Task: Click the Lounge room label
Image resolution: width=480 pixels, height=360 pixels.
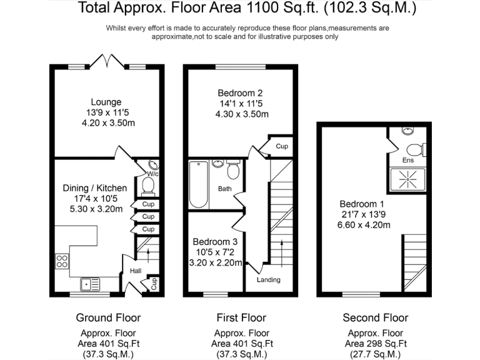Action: tap(106, 102)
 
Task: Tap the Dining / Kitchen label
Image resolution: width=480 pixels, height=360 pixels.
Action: tap(94, 188)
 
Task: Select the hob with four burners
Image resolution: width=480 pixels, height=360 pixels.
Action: tap(62, 261)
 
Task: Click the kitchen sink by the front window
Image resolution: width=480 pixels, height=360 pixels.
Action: tap(90, 284)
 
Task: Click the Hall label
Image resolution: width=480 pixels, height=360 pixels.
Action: tap(136, 271)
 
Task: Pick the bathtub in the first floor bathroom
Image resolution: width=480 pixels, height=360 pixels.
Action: tap(198, 184)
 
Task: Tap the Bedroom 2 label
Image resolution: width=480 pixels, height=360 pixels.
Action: tap(240, 93)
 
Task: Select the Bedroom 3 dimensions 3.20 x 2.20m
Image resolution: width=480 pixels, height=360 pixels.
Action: tap(216, 262)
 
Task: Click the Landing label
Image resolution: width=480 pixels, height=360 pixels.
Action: tap(269, 279)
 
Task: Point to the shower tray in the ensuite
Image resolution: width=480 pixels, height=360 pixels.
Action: tap(407, 179)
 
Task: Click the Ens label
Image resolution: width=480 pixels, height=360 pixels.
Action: tap(407, 160)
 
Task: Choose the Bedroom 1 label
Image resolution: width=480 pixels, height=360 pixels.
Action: tap(362, 204)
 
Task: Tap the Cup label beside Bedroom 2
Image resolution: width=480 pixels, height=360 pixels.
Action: tap(282, 146)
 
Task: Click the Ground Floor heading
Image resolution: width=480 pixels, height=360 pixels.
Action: tap(108, 317)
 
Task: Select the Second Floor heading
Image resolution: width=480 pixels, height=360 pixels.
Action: tap(375, 317)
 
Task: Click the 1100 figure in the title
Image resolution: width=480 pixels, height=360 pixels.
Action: tap(259, 7)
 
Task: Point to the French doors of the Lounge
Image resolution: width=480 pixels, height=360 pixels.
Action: tap(107, 61)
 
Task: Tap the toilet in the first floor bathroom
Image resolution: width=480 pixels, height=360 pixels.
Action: tap(233, 169)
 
